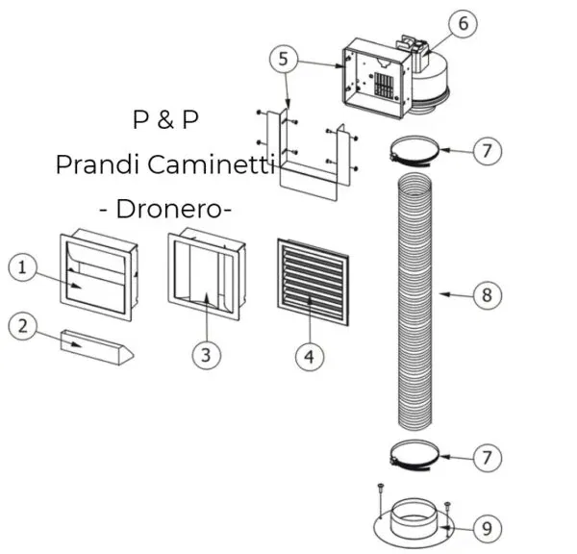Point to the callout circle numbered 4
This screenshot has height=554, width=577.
click(x=308, y=357)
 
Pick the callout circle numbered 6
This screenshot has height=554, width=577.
click(x=464, y=23)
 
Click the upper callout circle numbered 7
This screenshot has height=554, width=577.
click(x=487, y=151)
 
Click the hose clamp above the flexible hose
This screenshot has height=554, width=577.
click(x=415, y=150)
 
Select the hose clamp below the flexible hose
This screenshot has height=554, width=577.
click(x=415, y=454)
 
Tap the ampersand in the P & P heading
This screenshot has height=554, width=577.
click(x=166, y=122)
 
